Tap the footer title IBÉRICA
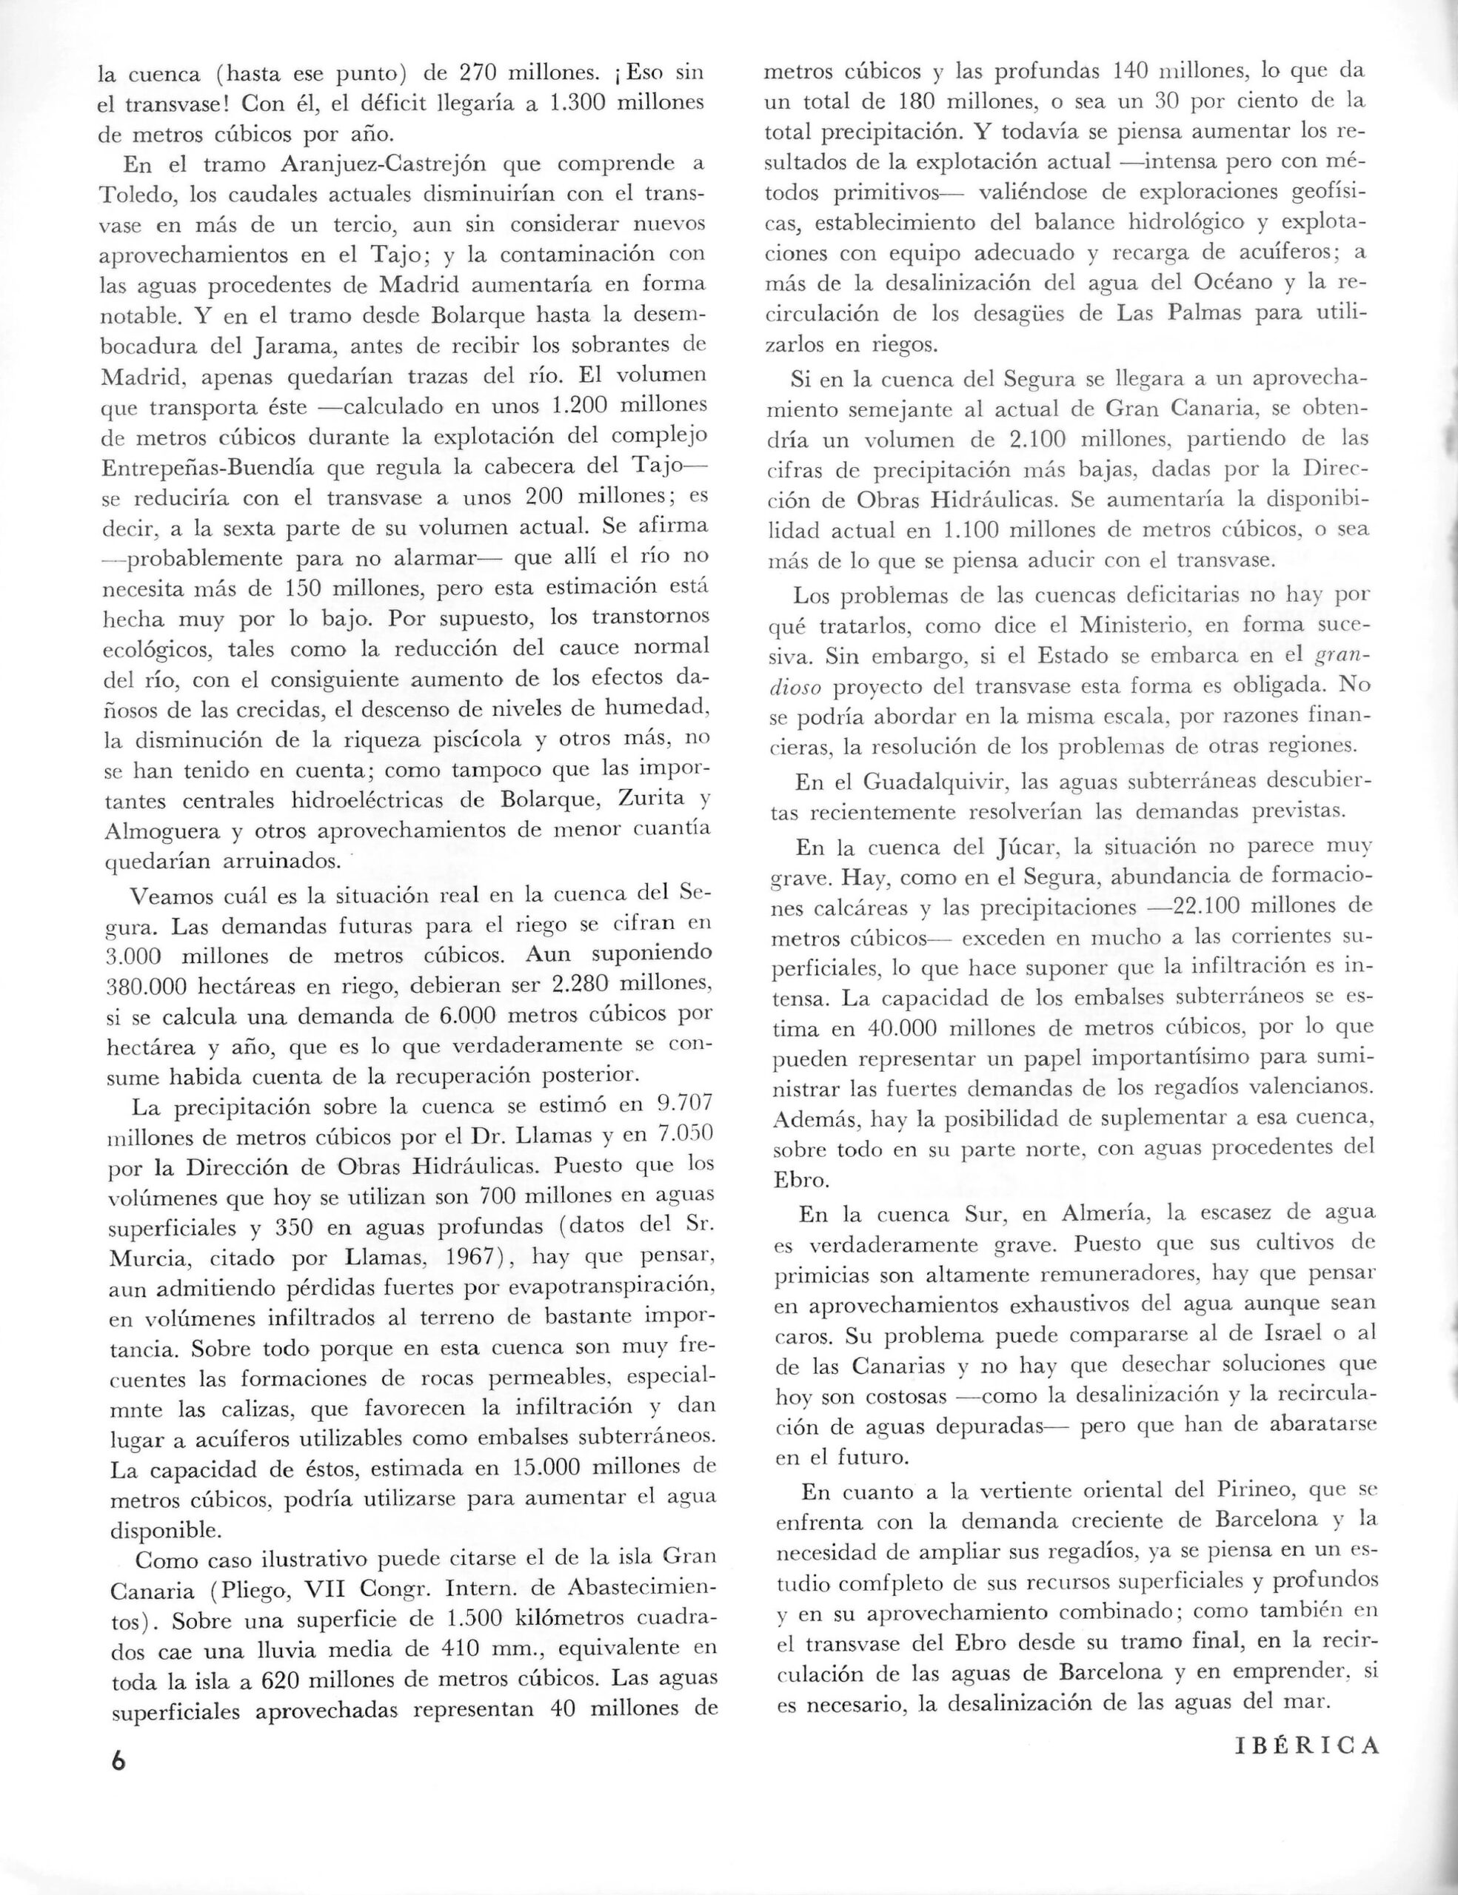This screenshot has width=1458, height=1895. pyautogui.click(x=1306, y=1744)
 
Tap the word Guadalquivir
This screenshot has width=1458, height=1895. pyautogui.click(x=935, y=782)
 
